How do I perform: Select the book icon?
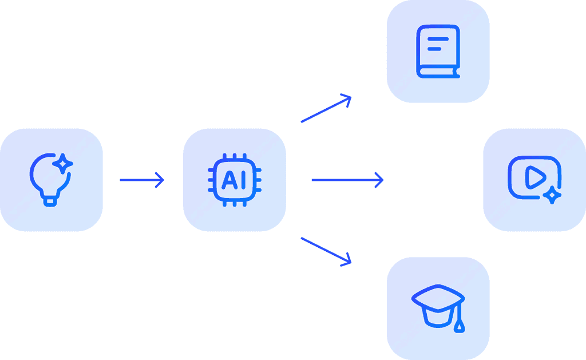tap(438, 52)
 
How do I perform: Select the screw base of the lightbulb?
tap(51, 200)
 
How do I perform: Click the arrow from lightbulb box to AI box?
tap(142, 180)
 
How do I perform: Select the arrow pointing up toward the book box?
tap(325, 109)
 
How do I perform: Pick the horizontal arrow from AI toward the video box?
tap(347, 180)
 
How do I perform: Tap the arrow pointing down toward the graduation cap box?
tap(325, 251)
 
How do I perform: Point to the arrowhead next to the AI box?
tap(160, 180)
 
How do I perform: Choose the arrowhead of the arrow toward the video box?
tap(379, 180)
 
